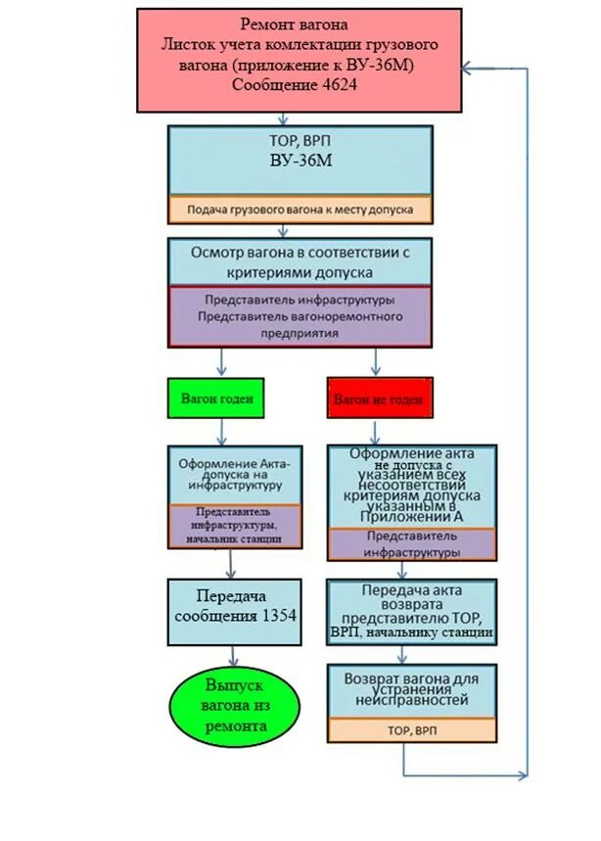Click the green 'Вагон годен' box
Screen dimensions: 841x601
[216, 398]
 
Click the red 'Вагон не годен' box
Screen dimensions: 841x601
[378, 399]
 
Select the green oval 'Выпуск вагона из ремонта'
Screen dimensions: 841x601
[235, 705]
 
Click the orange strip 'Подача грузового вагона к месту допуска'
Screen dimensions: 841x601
[300, 210]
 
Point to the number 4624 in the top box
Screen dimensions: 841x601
[335, 85]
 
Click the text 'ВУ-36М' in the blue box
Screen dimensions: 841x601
[300, 160]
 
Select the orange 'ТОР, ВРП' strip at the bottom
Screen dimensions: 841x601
[412, 730]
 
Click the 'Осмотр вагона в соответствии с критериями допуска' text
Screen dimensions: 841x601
[300, 260]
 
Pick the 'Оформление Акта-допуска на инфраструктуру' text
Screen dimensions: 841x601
[231, 473]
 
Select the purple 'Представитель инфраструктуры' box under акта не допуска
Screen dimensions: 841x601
[412, 544]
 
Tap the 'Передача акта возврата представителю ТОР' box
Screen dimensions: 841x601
[412, 612]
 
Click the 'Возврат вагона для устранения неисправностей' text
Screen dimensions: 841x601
[412, 688]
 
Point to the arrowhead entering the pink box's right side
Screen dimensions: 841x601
[470, 69]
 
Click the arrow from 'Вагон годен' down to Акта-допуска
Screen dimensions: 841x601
[222, 431]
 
